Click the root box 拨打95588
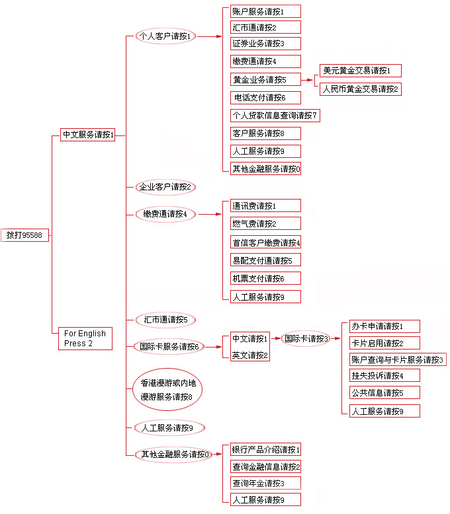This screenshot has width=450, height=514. point(24,235)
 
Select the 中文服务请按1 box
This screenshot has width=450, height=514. point(88,135)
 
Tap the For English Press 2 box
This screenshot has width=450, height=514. point(85,338)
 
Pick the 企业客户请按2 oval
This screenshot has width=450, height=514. point(164,187)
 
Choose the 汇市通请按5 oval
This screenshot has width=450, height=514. point(165,320)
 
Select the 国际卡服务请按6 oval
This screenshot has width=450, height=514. point(169,346)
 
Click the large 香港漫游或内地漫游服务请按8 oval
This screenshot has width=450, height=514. point(167,390)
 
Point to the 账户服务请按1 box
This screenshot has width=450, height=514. point(265,11)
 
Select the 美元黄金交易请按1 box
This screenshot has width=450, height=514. point(360,70)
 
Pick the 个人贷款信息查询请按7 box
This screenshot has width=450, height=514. point(275,116)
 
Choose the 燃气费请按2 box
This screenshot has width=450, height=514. point(265,223)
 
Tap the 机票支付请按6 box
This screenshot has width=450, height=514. point(265,278)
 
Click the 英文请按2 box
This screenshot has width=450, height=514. point(250,355)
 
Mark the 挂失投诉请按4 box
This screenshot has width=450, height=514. point(384,375)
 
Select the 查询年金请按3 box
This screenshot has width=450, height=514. point(265,483)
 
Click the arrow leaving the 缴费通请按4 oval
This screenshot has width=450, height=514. point(210,214)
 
